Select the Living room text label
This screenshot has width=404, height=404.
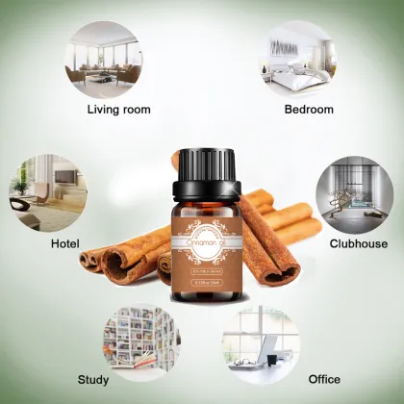(119, 109)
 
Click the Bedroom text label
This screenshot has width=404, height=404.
(308, 109)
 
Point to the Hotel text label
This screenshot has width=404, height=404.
(64, 244)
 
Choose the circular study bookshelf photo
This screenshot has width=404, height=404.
(140, 334)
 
